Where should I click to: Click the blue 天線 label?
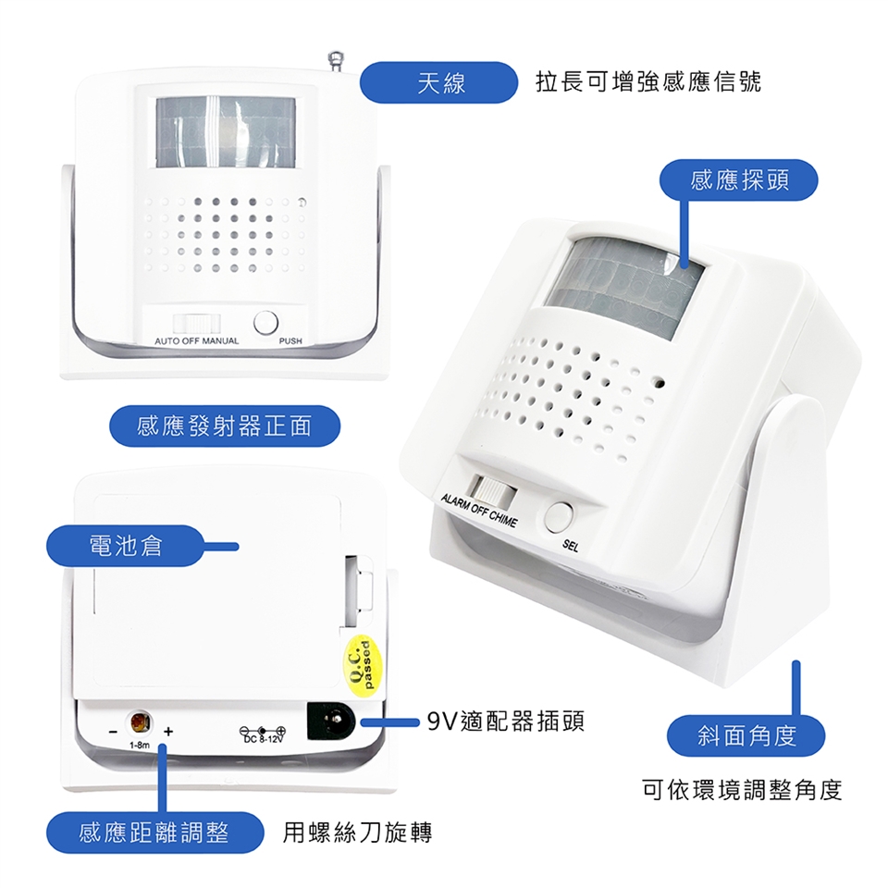[438, 82]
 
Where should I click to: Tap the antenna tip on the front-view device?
[336, 56]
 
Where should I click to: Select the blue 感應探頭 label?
[739, 180]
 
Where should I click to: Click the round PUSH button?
[265, 322]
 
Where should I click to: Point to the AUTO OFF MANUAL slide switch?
[196, 324]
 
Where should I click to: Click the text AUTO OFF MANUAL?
[196, 341]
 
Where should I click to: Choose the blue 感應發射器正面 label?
[224, 425]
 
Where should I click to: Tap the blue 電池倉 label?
[125, 546]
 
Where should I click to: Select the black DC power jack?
[331, 721]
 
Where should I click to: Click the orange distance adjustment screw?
[140, 722]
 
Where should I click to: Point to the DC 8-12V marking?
[263, 734]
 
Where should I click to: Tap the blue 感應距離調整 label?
[154, 832]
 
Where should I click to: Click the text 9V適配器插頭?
[505, 721]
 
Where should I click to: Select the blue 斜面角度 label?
[746, 735]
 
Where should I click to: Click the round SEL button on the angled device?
[559, 516]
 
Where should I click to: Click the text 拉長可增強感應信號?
[648, 82]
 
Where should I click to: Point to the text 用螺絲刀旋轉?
[357, 832]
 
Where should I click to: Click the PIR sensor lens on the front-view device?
[226, 132]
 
